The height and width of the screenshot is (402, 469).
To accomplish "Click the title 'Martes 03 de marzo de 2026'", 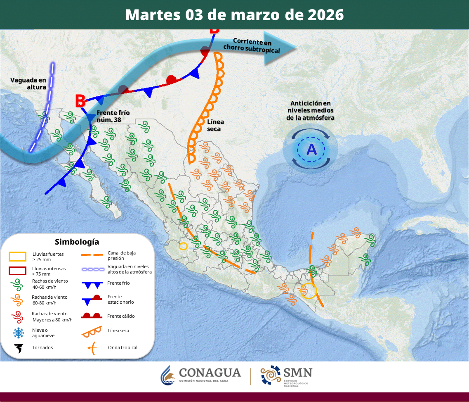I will (x=234, y=14).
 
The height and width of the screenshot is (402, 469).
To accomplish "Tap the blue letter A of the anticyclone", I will (x=312, y=149).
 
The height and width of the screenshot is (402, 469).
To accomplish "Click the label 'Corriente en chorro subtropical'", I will (x=252, y=45).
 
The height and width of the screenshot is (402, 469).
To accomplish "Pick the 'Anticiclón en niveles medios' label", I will (x=310, y=110).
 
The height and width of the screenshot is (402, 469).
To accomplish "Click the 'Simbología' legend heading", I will (x=77, y=242).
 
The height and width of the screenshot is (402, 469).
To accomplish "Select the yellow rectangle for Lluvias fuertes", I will (x=17, y=257).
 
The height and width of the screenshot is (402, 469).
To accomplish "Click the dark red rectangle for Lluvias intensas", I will (x=17, y=271).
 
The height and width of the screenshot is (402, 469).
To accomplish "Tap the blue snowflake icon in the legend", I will (x=18, y=333).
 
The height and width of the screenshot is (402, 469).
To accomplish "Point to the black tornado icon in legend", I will (x=18, y=348).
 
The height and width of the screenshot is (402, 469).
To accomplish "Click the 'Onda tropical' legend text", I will (x=123, y=347).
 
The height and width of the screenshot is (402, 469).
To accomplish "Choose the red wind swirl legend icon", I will (x=17, y=317).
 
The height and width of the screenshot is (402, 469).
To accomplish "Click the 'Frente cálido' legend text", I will (x=121, y=316).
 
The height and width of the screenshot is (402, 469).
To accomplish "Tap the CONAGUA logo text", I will (x=210, y=373).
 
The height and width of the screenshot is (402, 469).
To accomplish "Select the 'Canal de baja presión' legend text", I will (x=122, y=255).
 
